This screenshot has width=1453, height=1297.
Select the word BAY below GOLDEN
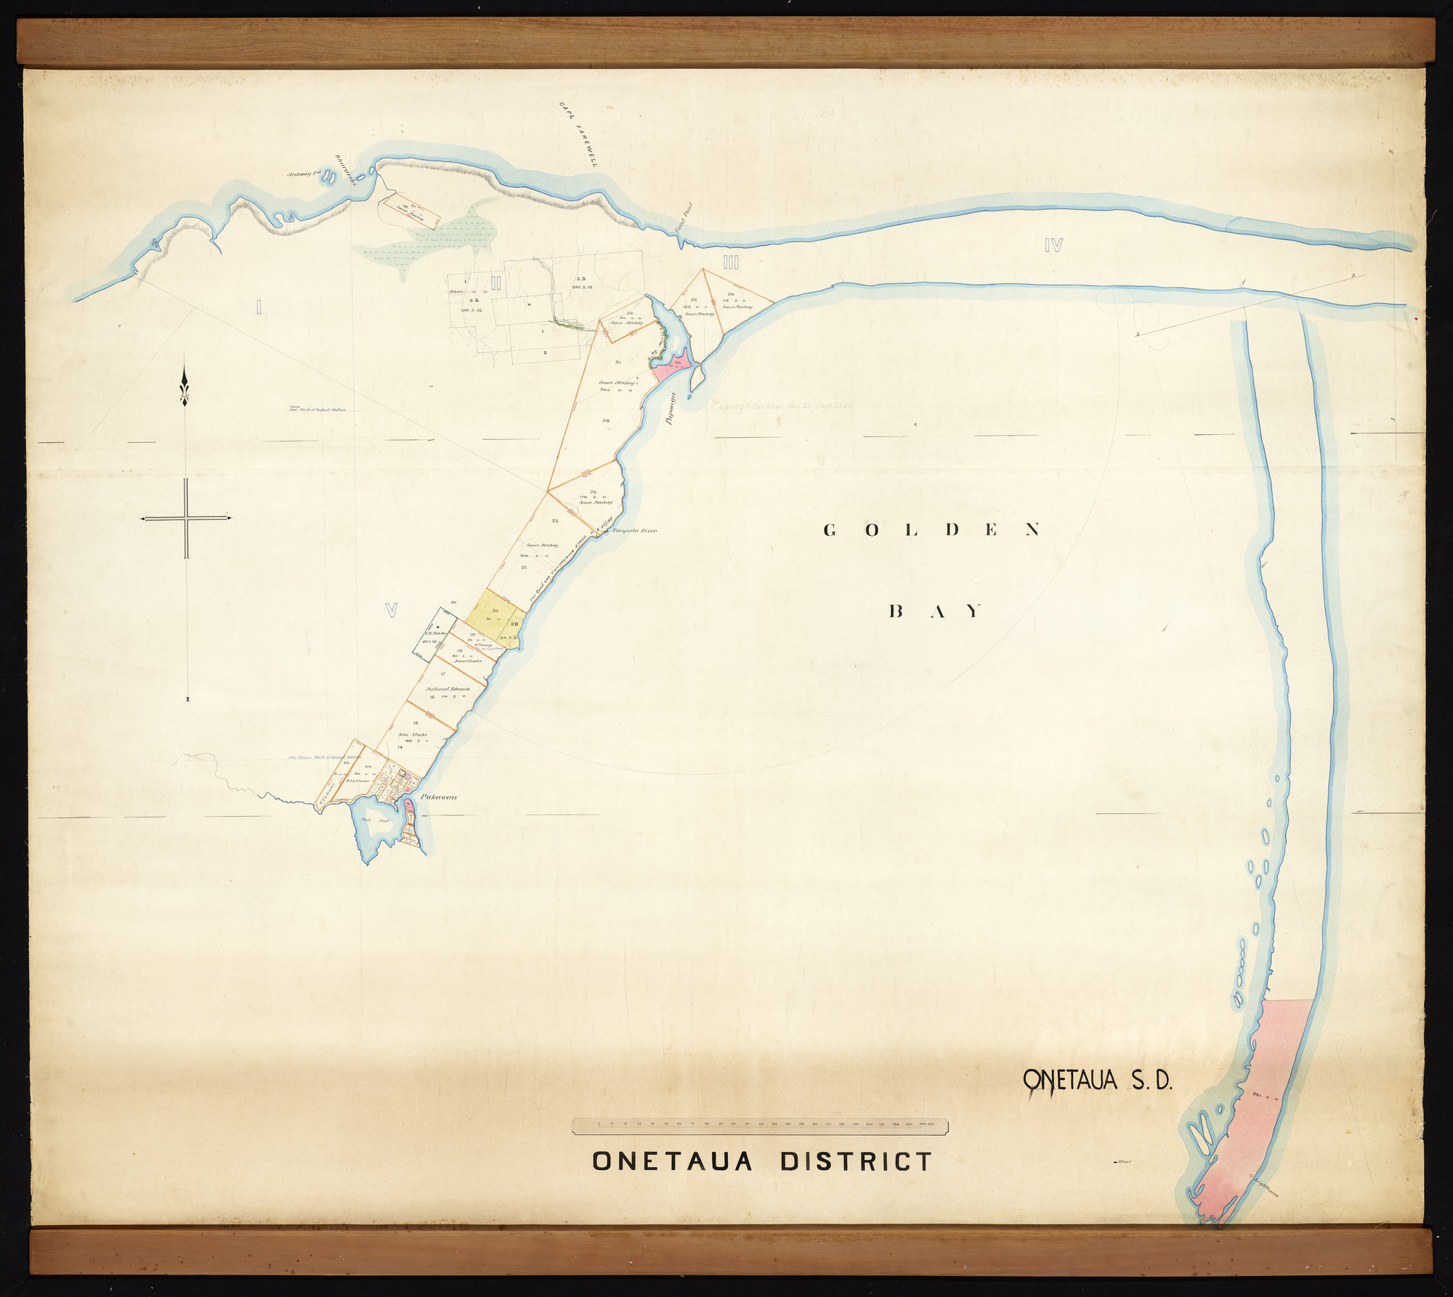coord(936,611)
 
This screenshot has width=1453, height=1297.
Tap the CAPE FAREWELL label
coord(578,134)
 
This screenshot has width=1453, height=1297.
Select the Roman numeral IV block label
coord(1053,245)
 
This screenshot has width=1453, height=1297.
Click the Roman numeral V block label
coord(391,611)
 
